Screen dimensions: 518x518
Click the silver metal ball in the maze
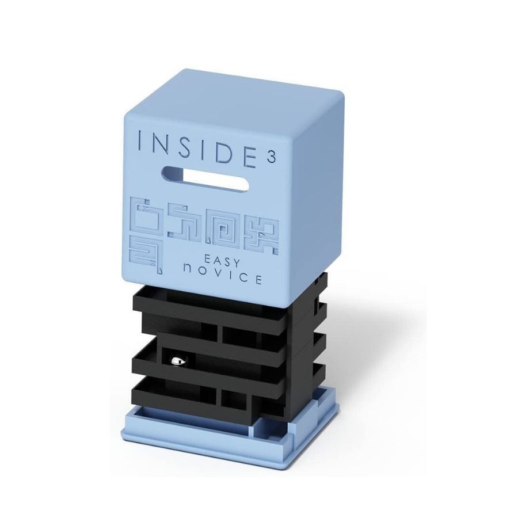[176, 361]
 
